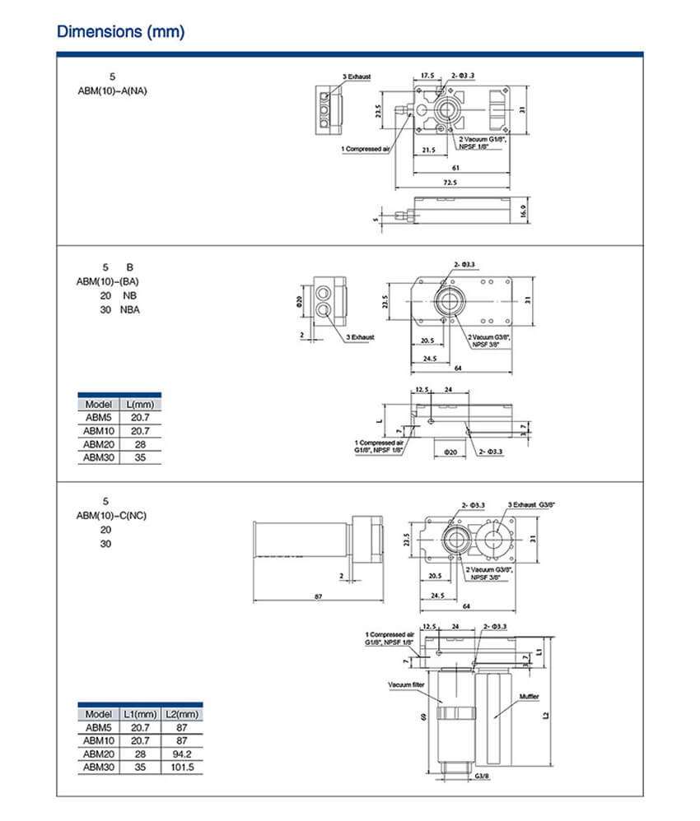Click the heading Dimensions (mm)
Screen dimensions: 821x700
click(x=120, y=32)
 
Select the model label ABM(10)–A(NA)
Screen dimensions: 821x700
click(x=112, y=91)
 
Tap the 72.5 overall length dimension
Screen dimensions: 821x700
click(x=450, y=181)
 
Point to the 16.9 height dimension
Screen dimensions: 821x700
click(x=522, y=211)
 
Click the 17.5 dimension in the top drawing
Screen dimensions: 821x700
click(x=427, y=76)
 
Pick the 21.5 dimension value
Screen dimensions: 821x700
click(x=428, y=151)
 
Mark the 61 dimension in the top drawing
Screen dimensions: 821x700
click(x=455, y=167)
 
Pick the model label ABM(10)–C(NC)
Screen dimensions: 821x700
click(x=112, y=516)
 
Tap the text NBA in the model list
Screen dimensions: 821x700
click(x=130, y=309)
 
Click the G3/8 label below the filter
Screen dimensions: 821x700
click(x=482, y=776)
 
